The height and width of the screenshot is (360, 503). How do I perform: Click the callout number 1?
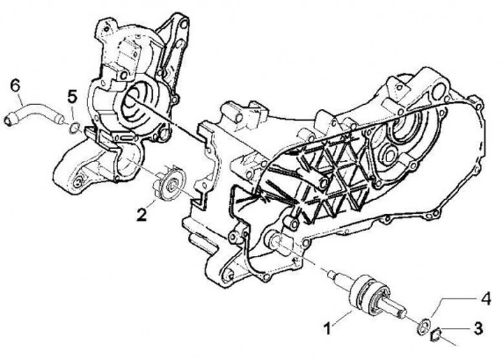tap(328, 329)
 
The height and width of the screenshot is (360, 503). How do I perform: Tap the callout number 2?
tap(141, 215)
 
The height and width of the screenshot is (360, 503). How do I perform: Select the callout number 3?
tap(478, 329)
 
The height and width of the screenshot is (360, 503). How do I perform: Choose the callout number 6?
tap(15, 86)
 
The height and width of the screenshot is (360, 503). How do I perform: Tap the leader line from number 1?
tap(342, 318)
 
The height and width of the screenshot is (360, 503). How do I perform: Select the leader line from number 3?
tap(455, 329)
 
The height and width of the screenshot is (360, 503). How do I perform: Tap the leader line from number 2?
tap(151, 203)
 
